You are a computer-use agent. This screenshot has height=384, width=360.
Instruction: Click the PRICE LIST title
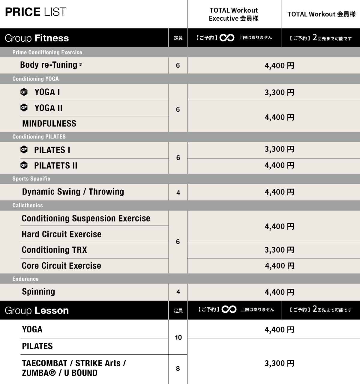[x=35, y=12]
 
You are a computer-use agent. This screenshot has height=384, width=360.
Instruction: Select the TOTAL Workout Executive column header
[x=233, y=14]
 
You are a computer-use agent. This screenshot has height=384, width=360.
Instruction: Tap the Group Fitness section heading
[x=37, y=38]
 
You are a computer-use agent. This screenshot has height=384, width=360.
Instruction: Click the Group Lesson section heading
[x=37, y=311]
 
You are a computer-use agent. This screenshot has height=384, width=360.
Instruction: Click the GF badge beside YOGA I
[x=24, y=92]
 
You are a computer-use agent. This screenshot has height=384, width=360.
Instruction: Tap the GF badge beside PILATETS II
[x=24, y=165]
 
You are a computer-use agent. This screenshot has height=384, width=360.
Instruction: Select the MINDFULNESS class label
[x=49, y=124]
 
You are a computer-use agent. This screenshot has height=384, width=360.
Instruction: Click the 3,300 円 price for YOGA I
[x=279, y=92]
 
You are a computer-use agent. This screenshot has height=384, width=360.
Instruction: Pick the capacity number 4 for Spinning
[x=178, y=292]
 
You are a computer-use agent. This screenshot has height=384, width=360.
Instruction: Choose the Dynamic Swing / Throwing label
[x=73, y=192]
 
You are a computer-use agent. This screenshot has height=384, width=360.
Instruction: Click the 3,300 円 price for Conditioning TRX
[x=279, y=250]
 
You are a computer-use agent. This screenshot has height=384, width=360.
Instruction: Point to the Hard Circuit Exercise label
[x=61, y=234]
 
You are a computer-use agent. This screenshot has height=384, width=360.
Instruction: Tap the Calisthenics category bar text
[x=28, y=205]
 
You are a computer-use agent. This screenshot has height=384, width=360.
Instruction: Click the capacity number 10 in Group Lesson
[x=178, y=338]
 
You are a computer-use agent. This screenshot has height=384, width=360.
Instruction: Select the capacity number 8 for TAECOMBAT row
[x=178, y=368]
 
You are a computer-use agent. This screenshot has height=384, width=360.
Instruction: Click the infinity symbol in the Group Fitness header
[x=227, y=38]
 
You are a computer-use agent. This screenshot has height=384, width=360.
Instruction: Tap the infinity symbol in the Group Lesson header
[x=229, y=309]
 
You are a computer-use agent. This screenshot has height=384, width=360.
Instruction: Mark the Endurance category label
[x=25, y=279]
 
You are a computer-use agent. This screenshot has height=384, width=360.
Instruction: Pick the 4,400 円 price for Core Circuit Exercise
[x=279, y=266]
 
